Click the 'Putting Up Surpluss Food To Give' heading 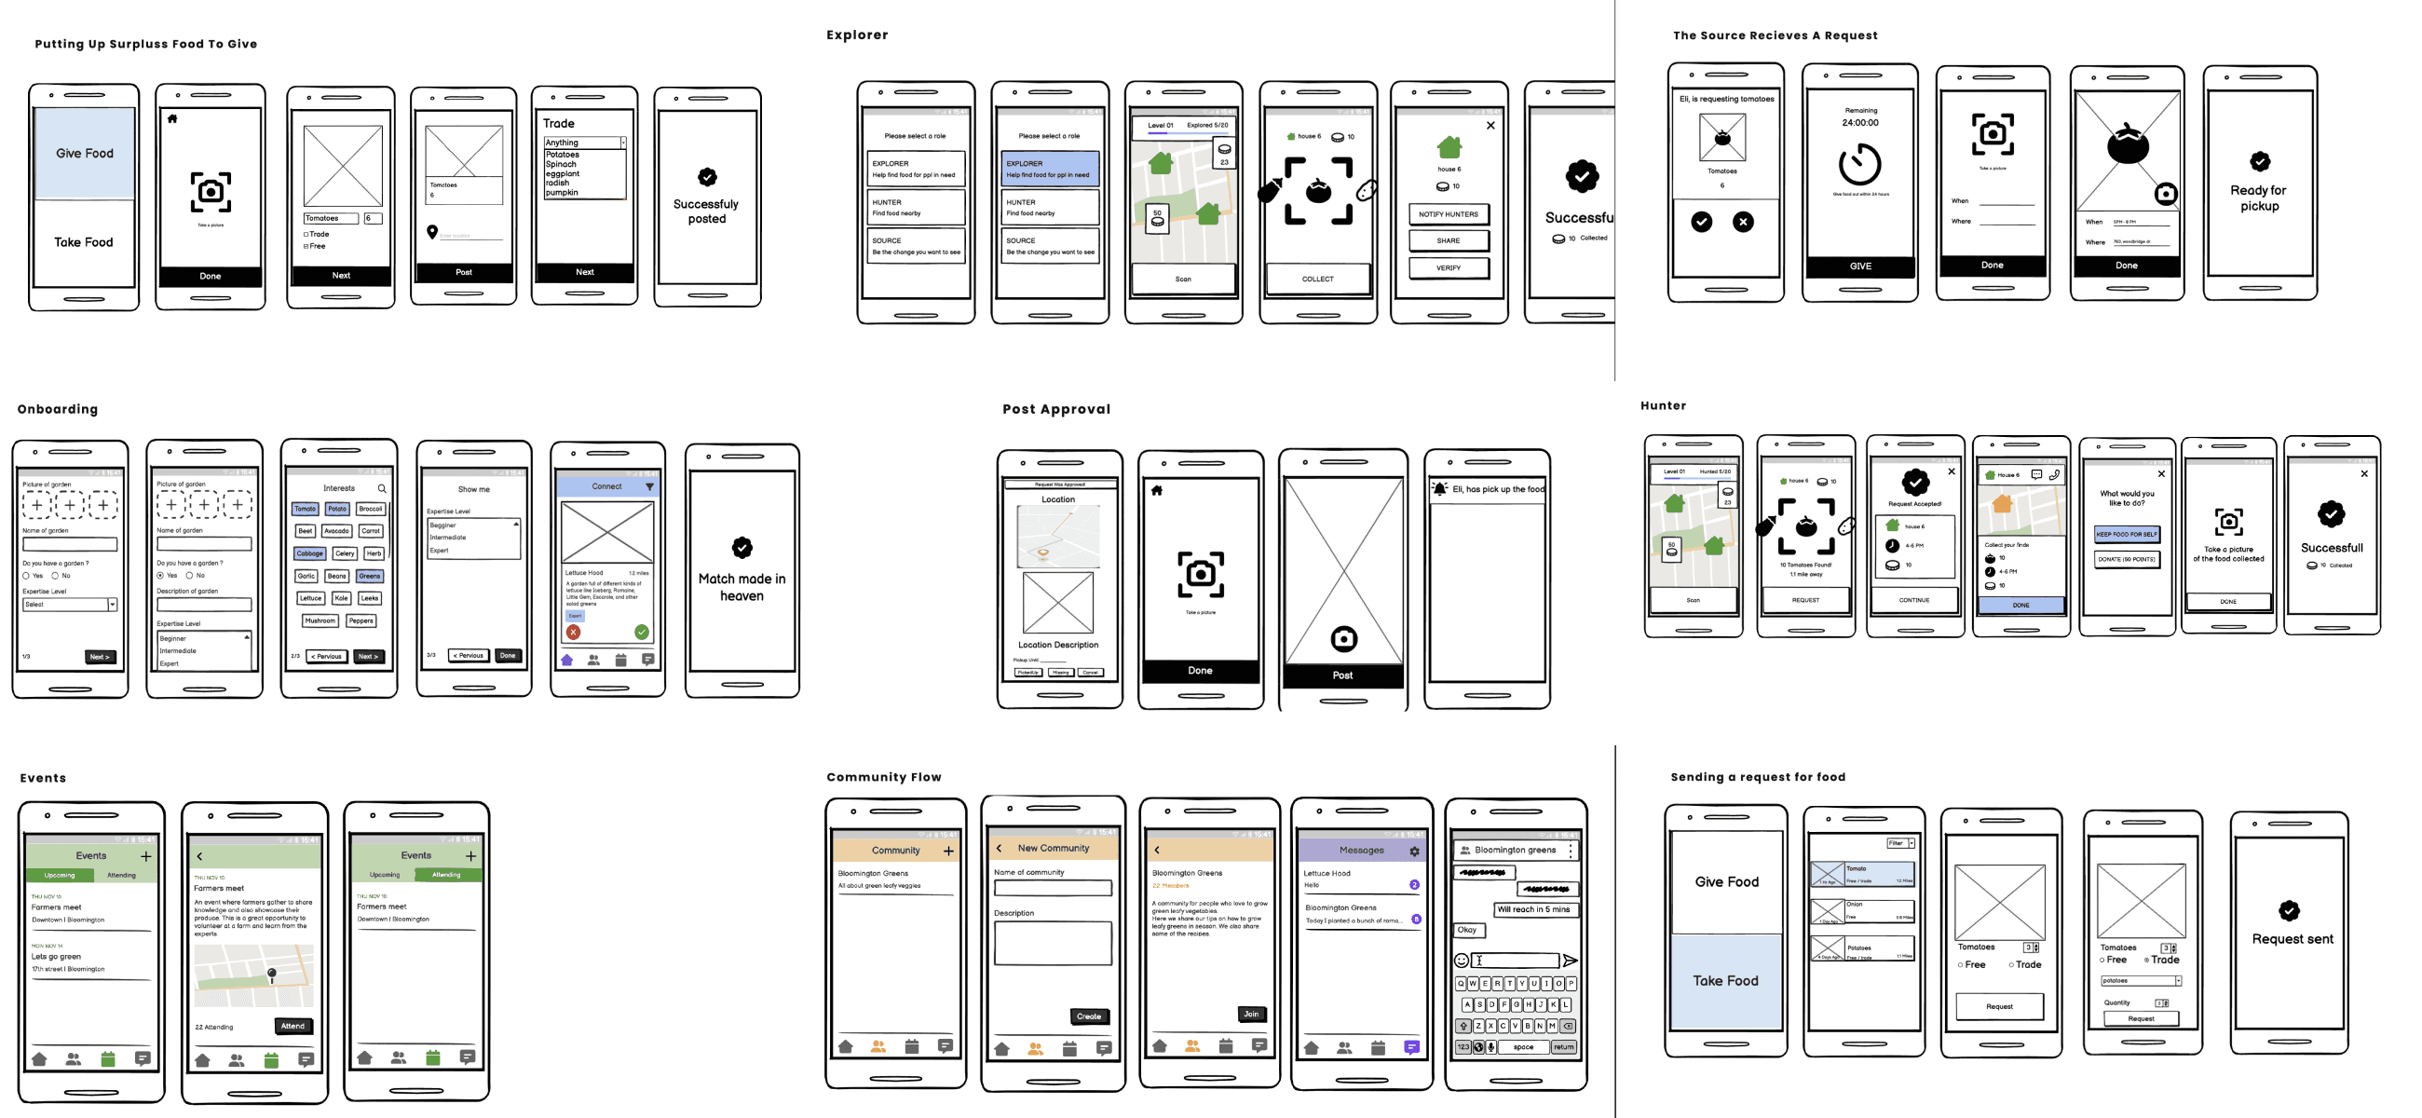tap(145, 44)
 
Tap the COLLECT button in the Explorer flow tap(1317, 279)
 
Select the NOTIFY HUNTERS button tap(1448, 214)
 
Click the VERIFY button tap(1448, 268)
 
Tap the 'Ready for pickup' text tap(2258, 198)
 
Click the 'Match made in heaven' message tap(742, 588)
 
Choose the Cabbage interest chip tap(309, 553)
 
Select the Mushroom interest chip tap(320, 620)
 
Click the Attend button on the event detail tap(293, 1026)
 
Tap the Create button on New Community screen tap(1089, 1016)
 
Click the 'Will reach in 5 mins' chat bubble tap(1533, 909)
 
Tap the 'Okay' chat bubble tap(1467, 930)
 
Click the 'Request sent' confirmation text tap(2293, 939)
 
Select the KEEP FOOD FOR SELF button tap(2127, 534)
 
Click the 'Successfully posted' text tap(706, 211)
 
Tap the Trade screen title tap(559, 124)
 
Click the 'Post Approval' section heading tap(1055, 409)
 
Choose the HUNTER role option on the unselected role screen tap(916, 207)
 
